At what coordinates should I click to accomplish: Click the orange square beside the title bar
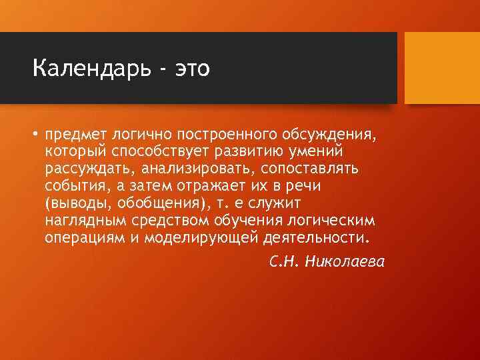coord(442,68)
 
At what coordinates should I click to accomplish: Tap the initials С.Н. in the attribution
coord(283,261)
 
